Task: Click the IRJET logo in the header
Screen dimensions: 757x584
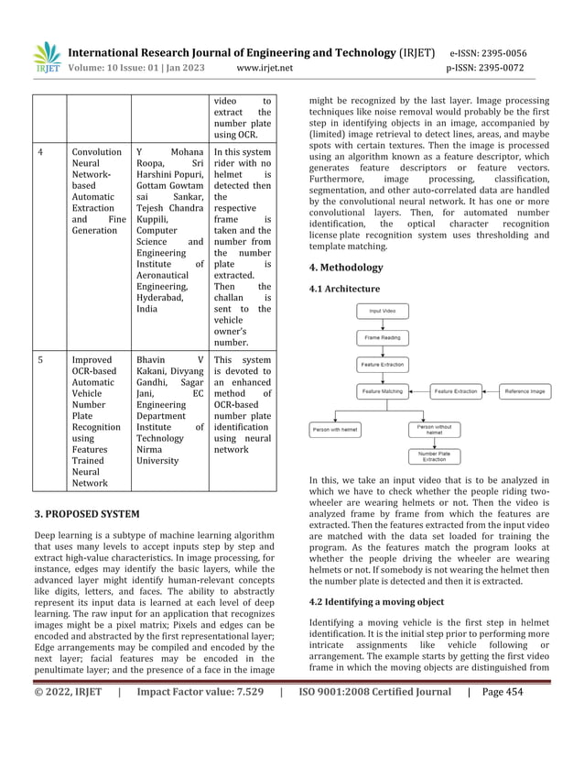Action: pyautogui.click(x=46, y=57)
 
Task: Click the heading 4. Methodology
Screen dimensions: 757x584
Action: pyautogui.click(x=346, y=268)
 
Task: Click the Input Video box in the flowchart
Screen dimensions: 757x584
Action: pyautogui.click(x=382, y=312)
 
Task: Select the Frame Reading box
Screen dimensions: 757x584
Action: pyautogui.click(x=382, y=338)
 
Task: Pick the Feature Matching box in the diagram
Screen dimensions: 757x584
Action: pyautogui.click(x=382, y=391)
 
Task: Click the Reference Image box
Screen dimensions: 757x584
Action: pyautogui.click(x=526, y=391)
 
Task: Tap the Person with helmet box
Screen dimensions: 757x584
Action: pyautogui.click(x=336, y=428)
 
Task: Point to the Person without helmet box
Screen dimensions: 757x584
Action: pyautogui.click(x=434, y=429)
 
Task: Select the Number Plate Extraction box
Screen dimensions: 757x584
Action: pyautogui.click(x=434, y=455)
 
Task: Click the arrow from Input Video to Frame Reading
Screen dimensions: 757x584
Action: pyautogui.click(x=382, y=324)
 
